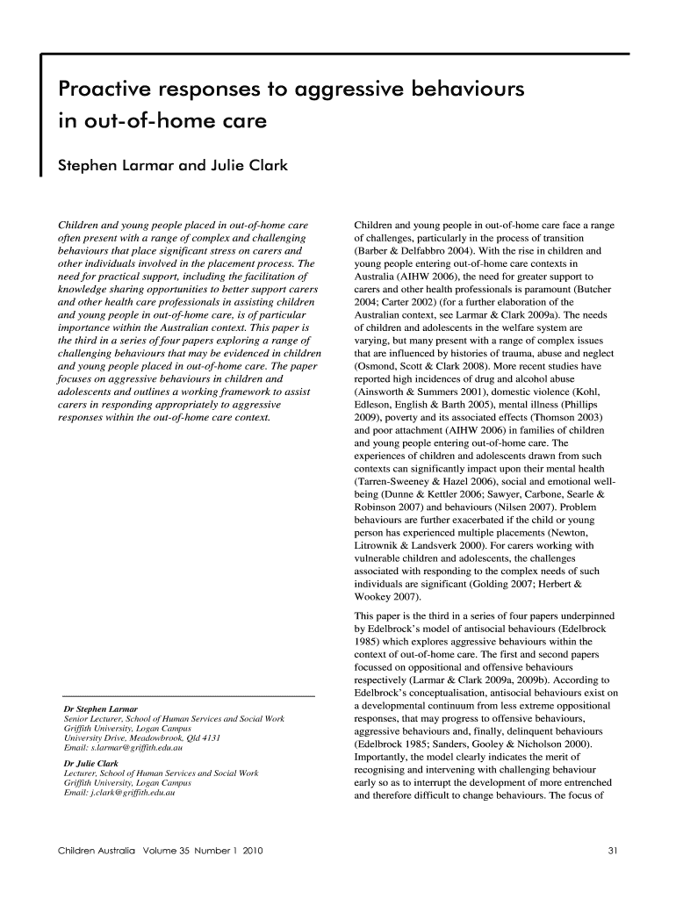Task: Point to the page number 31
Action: point(612,852)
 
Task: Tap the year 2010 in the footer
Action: point(235,852)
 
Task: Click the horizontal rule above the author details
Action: point(184,695)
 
